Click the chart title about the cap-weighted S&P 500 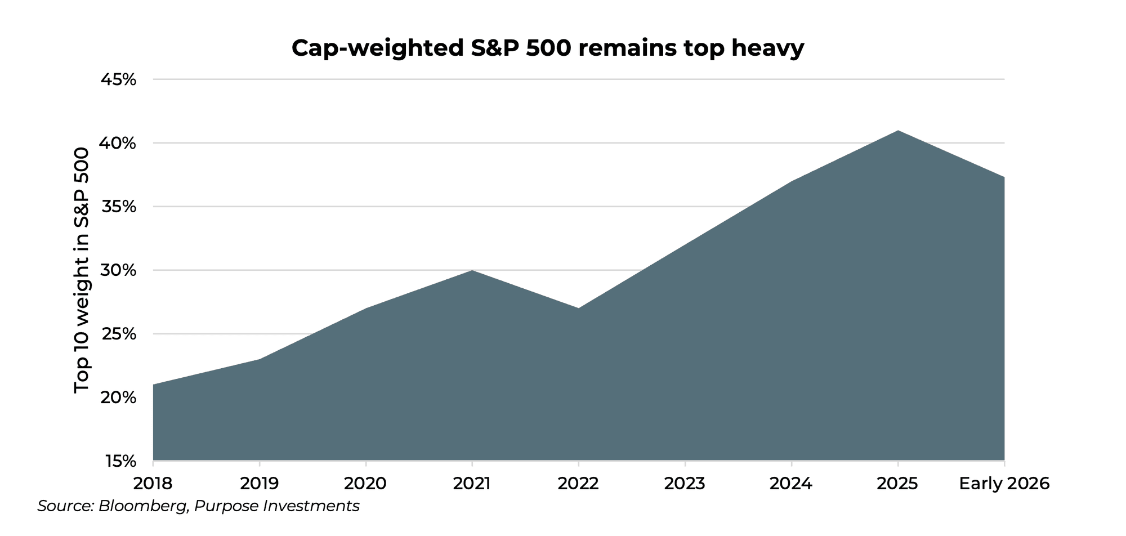point(547,48)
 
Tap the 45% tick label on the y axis point(118,79)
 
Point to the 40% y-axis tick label point(118,143)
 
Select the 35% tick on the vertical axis point(118,207)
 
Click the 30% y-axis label point(118,270)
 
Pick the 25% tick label point(118,334)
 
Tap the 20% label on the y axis point(118,397)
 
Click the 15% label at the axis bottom point(120,461)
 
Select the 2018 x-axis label point(153,484)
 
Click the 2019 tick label point(259,484)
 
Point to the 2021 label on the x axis point(472,484)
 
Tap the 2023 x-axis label point(685,484)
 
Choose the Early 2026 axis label point(1004,484)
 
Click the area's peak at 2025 point(897,131)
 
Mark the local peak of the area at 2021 point(472,271)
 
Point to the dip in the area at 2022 point(578,309)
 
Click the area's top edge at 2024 point(791,181)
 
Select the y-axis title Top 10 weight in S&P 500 point(82,270)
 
